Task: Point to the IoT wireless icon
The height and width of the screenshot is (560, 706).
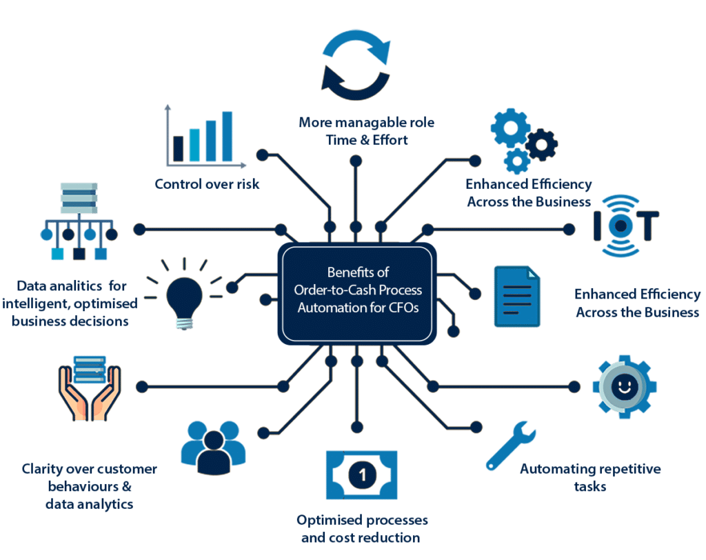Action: (626, 226)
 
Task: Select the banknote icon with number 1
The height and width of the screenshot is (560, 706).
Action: (361, 474)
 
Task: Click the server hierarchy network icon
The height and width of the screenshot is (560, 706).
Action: (78, 221)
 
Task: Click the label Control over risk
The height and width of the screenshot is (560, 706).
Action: (207, 184)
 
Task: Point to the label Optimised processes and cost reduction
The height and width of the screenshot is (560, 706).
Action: (361, 528)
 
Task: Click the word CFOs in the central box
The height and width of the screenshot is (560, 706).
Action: (401, 308)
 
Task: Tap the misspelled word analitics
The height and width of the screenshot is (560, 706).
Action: (75, 286)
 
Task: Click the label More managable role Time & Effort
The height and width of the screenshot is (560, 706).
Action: (366, 131)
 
